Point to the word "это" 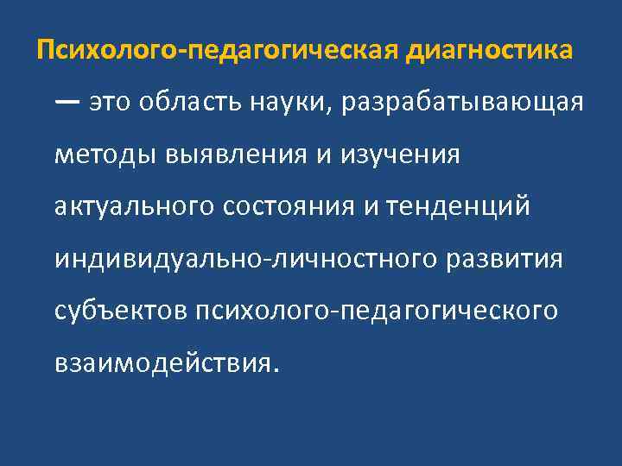(112, 103)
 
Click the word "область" (189, 103)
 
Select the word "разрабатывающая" (463, 104)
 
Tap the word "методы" (102, 155)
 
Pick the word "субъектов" (122, 312)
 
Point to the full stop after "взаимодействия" (276, 370)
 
